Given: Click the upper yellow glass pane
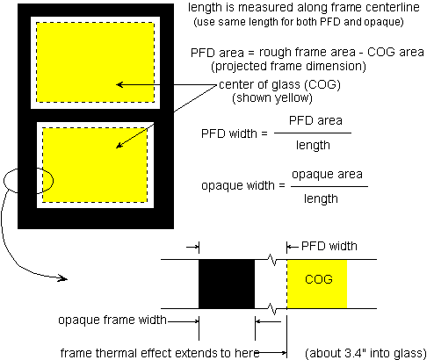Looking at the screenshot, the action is (x=95, y=62).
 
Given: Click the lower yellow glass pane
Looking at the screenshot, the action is (x=95, y=165).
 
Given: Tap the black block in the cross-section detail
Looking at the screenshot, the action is (x=227, y=284).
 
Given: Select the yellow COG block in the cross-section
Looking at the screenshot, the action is (x=317, y=284).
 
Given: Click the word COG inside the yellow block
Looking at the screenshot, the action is (x=319, y=279).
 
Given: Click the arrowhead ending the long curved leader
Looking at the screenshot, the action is (x=62, y=278).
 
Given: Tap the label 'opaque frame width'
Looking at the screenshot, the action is (x=112, y=320).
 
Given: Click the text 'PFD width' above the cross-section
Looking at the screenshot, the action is (x=329, y=246).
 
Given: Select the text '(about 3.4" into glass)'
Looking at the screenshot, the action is (x=365, y=353).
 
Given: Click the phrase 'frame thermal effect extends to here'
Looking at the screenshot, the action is (x=160, y=353).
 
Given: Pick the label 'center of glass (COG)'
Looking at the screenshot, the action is (x=279, y=84).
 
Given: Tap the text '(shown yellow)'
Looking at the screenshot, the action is (x=272, y=97).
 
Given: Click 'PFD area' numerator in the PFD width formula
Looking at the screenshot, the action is (x=315, y=120).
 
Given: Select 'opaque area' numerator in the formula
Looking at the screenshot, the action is (x=327, y=175).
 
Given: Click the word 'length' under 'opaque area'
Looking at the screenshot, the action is (x=321, y=199).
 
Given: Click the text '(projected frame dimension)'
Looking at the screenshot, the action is (x=288, y=67).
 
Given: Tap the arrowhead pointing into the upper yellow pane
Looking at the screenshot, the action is (x=119, y=84).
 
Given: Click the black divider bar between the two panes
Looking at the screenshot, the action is (x=96, y=115).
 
